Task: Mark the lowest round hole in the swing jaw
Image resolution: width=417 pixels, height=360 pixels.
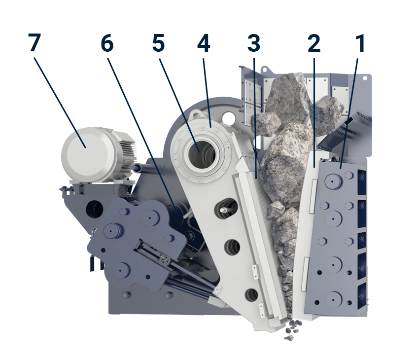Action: (x=251, y=295)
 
